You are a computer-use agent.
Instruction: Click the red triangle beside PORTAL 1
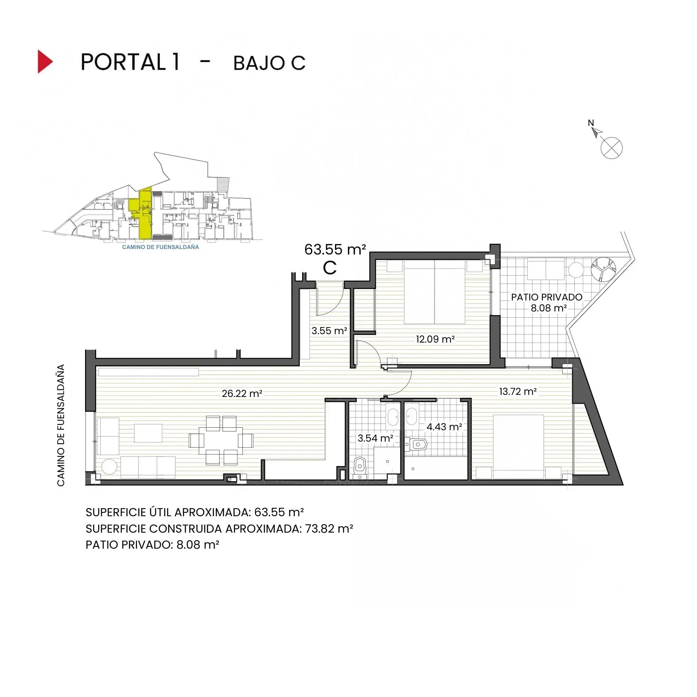click(45, 62)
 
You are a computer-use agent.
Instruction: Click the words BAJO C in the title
click(269, 63)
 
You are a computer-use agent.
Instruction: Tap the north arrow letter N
click(591, 123)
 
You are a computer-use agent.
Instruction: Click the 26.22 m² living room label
click(242, 394)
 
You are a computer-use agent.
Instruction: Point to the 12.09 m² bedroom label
click(435, 339)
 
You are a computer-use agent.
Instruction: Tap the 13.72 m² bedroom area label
click(517, 391)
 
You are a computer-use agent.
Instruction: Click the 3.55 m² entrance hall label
click(329, 331)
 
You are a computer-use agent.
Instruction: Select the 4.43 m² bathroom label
click(444, 427)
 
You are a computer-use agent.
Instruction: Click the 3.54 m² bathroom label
click(375, 438)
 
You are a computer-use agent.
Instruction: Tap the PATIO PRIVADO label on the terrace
click(547, 297)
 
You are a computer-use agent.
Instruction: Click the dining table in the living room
click(221, 440)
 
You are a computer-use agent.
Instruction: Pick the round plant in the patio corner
click(603, 269)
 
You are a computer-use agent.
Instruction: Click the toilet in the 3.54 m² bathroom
click(360, 466)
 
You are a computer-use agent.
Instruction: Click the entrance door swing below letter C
click(331, 301)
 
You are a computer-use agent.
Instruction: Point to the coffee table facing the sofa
click(148, 433)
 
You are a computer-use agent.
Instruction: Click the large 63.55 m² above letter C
click(335, 249)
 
